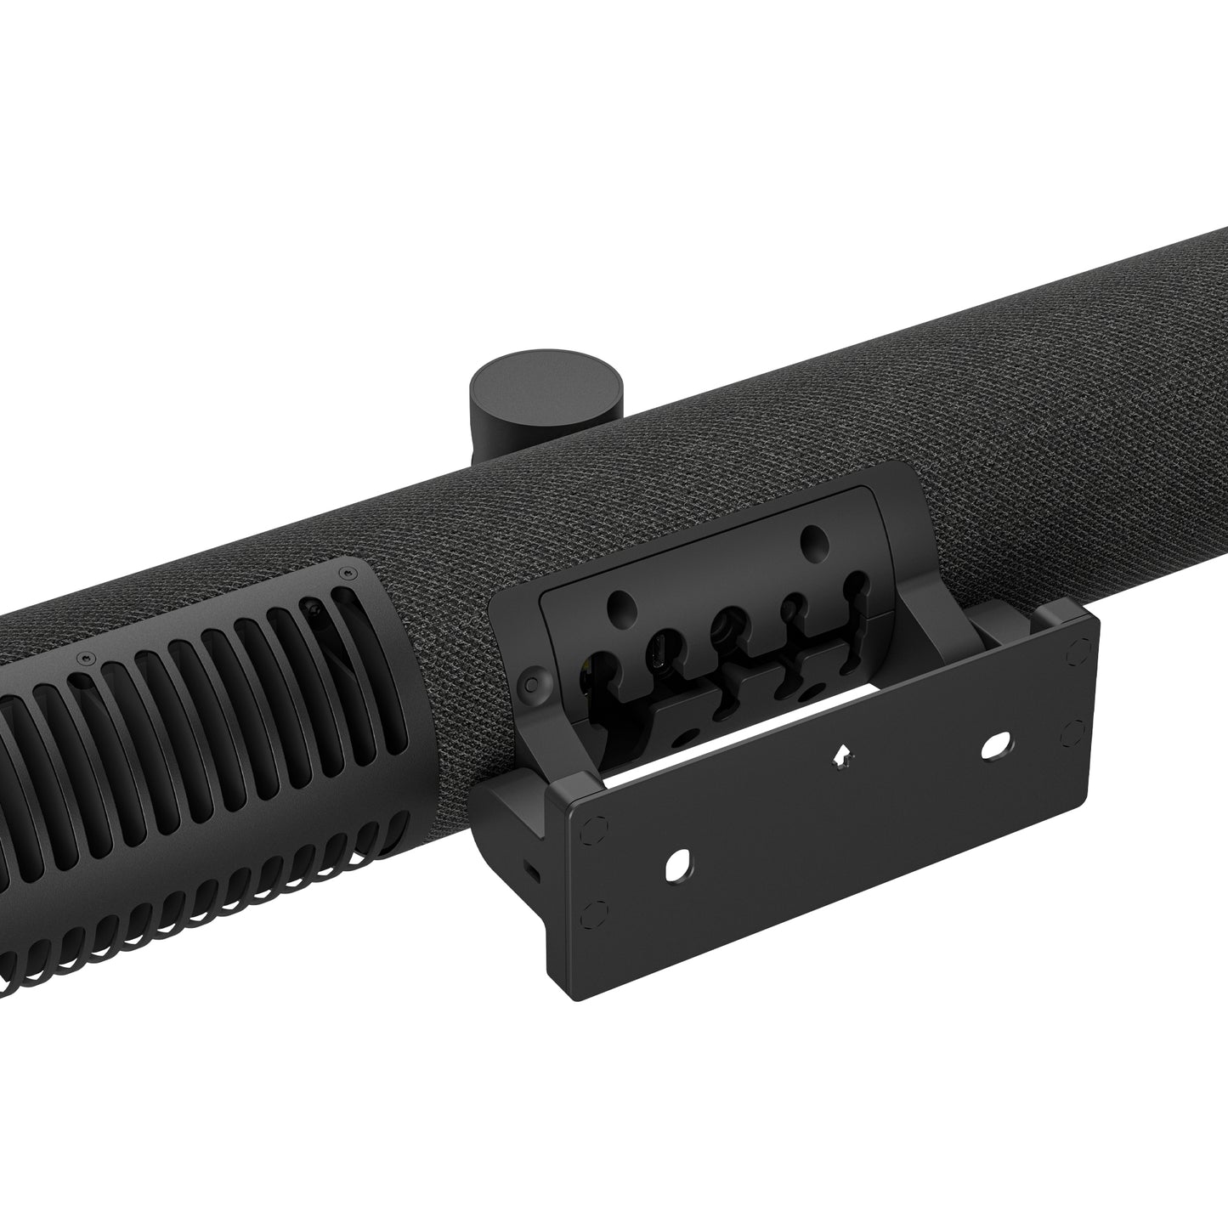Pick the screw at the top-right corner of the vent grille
point(344,575)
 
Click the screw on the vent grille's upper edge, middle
point(85,658)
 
